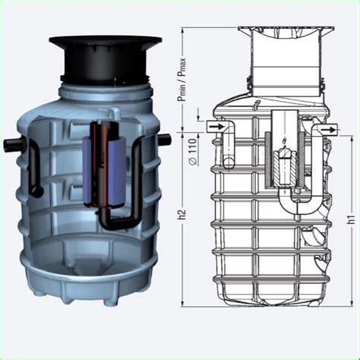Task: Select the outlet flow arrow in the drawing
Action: (327, 131)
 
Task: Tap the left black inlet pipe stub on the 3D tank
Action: (17, 145)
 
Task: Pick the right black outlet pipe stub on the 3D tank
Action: (163, 139)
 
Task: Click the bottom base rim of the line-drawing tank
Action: (273, 304)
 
